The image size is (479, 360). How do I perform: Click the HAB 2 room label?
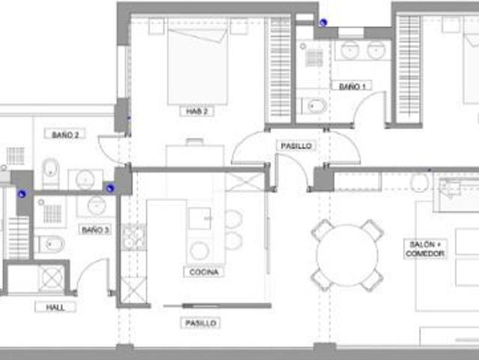coord(196,111)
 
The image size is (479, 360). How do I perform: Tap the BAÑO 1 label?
coord(352,86)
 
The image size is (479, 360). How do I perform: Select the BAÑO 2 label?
coord(65,134)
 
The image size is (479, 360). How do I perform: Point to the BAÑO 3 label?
coord(95,229)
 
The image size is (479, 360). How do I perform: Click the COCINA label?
coord(204,271)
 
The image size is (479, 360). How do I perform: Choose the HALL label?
coord(55,307)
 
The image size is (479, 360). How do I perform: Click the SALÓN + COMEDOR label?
coord(425,249)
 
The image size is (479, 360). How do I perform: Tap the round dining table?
coord(347,255)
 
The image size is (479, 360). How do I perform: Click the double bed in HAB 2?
coord(198,66)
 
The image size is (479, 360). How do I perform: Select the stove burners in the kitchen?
coord(133,238)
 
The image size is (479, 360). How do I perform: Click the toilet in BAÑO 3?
coord(50,244)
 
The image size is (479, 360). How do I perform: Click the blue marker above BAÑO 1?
coord(323,22)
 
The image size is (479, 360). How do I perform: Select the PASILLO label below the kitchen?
coord(201,323)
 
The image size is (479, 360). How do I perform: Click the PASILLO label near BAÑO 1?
coord(295,146)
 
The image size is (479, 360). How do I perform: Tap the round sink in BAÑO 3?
coord(97,205)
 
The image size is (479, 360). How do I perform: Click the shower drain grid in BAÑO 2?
coord(15,156)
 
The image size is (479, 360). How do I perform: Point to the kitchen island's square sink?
coord(200,218)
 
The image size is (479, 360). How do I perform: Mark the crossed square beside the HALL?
coord(51,278)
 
